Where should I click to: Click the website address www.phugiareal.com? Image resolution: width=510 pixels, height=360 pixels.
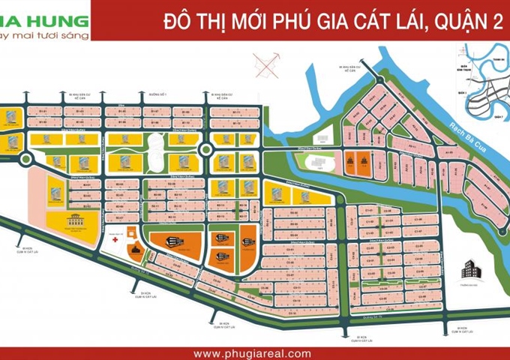[x=251, y=352]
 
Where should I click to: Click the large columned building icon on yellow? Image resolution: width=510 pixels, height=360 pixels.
[x=76, y=222]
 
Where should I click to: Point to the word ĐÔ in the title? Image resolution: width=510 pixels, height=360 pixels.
[x=175, y=22]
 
